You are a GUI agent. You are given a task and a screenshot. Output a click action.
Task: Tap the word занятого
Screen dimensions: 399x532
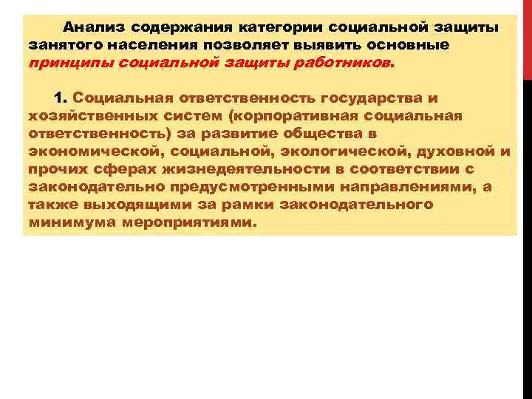61,45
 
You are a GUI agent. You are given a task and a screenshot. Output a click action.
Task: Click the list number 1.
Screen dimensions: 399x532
61,98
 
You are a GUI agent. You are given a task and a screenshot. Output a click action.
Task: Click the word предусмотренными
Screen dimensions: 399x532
232,187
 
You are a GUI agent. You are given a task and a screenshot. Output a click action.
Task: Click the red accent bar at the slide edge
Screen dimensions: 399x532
528,37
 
